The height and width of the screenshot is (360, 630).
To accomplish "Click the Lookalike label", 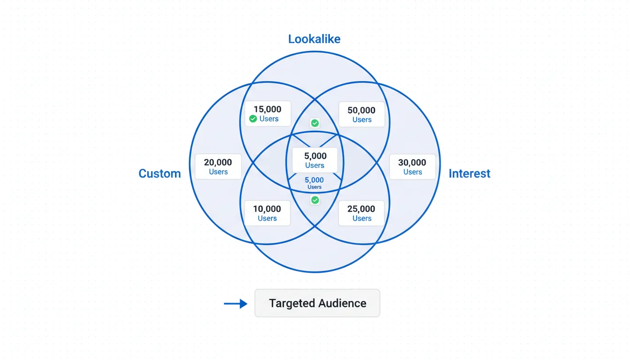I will [x=314, y=39].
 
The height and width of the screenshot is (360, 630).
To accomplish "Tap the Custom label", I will [x=159, y=173].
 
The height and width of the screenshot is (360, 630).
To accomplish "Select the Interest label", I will [x=469, y=173].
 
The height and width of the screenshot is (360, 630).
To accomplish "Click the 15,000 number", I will [x=267, y=109].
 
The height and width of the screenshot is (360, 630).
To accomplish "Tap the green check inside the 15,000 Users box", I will [x=253, y=119].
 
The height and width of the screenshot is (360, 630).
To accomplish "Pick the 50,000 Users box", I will [x=361, y=114].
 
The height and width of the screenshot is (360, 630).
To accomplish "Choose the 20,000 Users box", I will [x=218, y=166].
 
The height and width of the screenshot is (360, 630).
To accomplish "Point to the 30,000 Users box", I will [x=412, y=166].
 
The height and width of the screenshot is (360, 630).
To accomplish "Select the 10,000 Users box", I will [x=267, y=213].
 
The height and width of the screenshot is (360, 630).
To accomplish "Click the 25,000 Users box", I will [x=361, y=213].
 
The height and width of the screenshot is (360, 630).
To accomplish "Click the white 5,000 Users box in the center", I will [x=315, y=160].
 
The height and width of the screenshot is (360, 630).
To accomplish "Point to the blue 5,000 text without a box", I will [x=314, y=180].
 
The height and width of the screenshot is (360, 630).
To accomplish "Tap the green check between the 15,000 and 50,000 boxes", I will [x=315, y=123].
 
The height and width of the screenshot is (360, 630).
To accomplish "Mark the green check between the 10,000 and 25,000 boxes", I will [x=315, y=200].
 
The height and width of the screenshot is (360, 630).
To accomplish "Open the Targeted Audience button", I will [x=317, y=303].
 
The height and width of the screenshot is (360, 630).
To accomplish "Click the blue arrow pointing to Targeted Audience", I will [x=235, y=304].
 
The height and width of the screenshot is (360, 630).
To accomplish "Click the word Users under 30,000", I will [x=412, y=172].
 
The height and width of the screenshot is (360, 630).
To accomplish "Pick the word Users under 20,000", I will [x=218, y=172].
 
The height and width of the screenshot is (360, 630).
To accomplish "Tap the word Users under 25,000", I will [x=362, y=218].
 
